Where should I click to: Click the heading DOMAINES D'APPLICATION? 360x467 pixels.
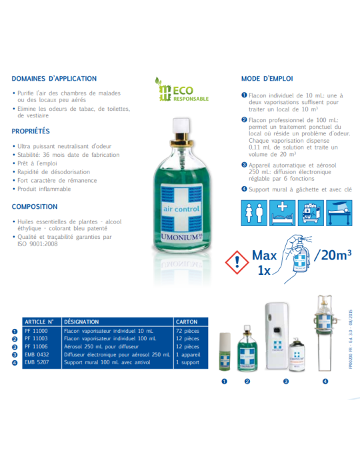point(54,78)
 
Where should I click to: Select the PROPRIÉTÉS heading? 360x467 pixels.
point(31,131)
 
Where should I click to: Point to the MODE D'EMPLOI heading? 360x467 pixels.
point(267,78)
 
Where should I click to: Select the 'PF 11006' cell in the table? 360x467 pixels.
point(36,347)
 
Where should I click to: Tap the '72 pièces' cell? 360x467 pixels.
point(188,330)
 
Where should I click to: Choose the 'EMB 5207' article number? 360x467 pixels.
point(37,362)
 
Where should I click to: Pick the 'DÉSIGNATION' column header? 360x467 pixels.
point(83,322)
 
